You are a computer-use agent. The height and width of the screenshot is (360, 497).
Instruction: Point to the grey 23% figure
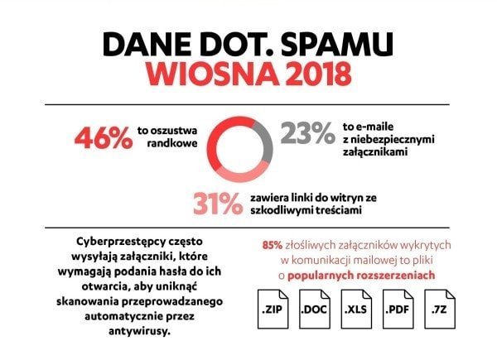[x=308, y=134]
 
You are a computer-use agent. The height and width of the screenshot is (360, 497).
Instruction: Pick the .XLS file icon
[x=360, y=312]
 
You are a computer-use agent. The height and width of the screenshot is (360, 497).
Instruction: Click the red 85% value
[x=272, y=245]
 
